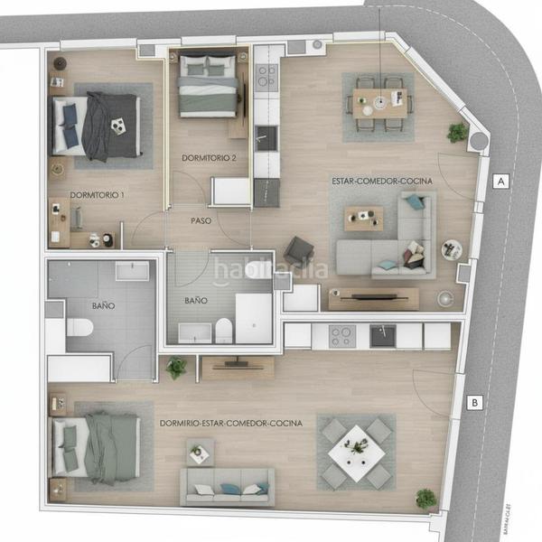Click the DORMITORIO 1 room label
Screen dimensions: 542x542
coord(98,195)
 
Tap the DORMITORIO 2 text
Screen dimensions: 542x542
coord(209,158)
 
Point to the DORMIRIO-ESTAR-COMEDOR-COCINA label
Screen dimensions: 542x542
coord(230,423)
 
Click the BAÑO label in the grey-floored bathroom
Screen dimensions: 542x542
coord(103,306)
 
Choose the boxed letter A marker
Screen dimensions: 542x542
coord(500,182)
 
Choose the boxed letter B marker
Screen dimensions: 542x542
coord(474,403)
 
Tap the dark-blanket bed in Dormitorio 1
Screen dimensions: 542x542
coord(98,126)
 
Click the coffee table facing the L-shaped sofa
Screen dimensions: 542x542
coord(363,218)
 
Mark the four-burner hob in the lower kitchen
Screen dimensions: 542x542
coord(341,336)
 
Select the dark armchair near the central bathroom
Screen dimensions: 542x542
coord(298,250)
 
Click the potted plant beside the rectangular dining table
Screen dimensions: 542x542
coord(458,132)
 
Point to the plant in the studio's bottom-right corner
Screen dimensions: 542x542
coord(425,498)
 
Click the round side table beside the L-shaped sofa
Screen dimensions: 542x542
coord(452,249)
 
